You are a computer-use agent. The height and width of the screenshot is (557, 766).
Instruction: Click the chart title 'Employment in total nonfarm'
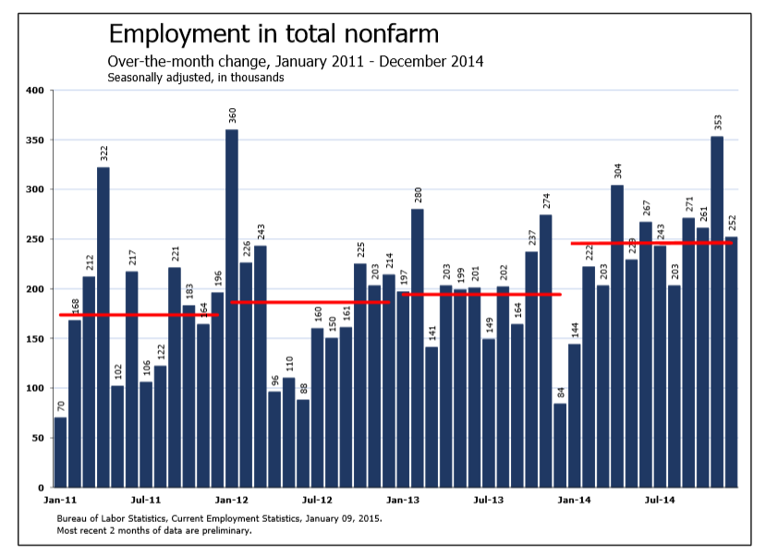[274, 35]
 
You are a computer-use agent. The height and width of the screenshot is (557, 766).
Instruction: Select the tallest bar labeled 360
[232, 309]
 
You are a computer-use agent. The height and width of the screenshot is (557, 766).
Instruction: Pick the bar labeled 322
[103, 328]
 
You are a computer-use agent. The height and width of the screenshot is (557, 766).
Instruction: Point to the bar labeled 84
[560, 445]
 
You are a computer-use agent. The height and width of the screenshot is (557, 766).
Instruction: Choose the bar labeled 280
[418, 348]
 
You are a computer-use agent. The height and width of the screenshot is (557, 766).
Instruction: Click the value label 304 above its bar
[617, 171]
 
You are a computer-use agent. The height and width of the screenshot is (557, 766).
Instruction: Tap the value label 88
[303, 389]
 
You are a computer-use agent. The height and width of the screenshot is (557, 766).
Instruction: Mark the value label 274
[546, 202]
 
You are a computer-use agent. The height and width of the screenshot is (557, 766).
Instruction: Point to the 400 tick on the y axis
[35, 91]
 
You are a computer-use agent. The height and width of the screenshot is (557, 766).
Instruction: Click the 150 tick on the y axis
[35, 339]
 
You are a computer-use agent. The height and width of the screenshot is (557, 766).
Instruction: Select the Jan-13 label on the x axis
[403, 500]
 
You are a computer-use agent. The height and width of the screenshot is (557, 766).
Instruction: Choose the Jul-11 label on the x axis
[146, 500]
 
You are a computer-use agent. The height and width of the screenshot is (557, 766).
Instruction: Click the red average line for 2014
[651, 243]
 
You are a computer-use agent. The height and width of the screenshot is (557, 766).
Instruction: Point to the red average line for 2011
[139, 315]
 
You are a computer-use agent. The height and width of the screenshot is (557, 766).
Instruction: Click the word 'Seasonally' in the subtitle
[135, 78]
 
